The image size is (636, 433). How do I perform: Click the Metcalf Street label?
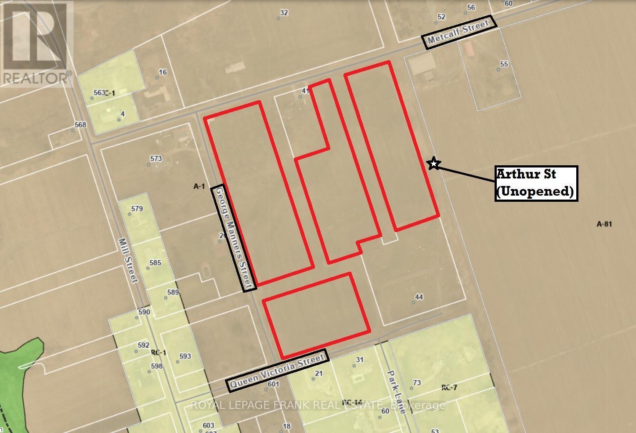459,32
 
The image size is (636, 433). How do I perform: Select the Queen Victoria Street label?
278,370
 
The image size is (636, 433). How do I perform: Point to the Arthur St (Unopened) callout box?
536,183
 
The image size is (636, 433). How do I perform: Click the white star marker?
434,164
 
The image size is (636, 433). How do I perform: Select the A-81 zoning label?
604,224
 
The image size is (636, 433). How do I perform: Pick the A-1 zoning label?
199,186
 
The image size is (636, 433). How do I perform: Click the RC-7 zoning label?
449,387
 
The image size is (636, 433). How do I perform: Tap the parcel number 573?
156,159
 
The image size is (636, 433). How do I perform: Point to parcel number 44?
419,297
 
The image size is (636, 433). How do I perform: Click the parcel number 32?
284,13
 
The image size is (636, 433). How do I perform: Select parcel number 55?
504,64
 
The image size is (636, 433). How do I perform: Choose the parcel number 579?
137,209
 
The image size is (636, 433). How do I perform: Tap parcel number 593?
185,356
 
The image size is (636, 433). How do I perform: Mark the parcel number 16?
163,72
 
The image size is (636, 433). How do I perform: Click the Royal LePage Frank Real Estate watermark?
318,405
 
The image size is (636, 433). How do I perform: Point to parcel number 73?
417,382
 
